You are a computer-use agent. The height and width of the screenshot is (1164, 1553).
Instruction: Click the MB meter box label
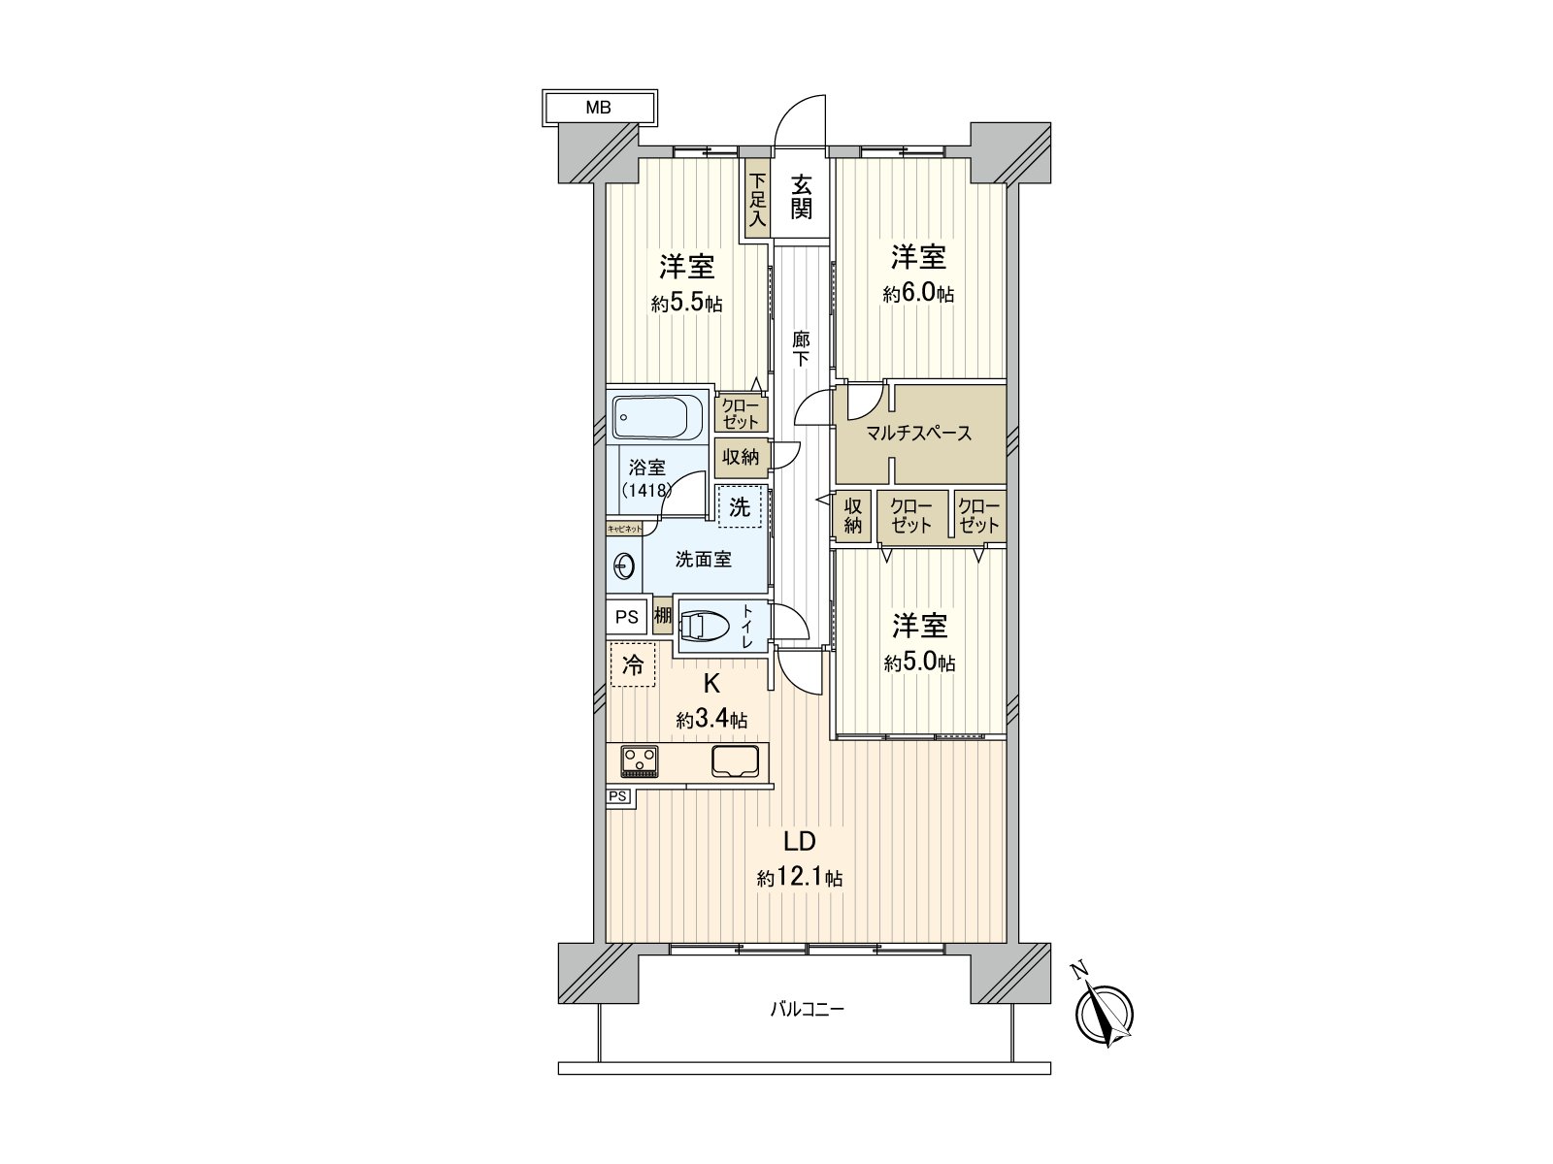point(598,108)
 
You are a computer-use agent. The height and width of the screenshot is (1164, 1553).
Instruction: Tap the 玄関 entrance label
point(800,197)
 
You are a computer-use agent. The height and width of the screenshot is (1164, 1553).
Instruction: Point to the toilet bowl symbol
point(709,625)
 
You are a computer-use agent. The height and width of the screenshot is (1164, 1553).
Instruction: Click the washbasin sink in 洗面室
point(624,566)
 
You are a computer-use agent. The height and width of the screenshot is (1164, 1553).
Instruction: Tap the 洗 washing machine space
point(740,506)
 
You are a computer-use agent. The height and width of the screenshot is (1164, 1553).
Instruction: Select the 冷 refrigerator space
point(633,664)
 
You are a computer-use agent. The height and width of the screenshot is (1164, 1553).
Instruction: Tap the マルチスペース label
point(919,434)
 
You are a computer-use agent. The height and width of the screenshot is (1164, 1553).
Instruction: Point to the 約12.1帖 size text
point(800,879)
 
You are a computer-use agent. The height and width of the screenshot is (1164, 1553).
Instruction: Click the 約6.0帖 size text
point(917,294)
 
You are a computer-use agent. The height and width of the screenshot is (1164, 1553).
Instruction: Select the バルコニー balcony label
point(807,1009)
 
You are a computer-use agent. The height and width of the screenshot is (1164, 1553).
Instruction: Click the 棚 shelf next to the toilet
point(662,616)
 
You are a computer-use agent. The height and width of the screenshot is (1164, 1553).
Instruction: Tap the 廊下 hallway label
point(800,349)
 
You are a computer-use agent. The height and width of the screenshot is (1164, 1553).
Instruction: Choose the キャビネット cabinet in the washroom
point(625,528)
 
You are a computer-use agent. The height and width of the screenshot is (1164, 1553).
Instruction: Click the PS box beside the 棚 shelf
point(626,617)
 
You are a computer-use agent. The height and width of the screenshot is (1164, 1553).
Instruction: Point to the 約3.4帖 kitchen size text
point(711,720)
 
